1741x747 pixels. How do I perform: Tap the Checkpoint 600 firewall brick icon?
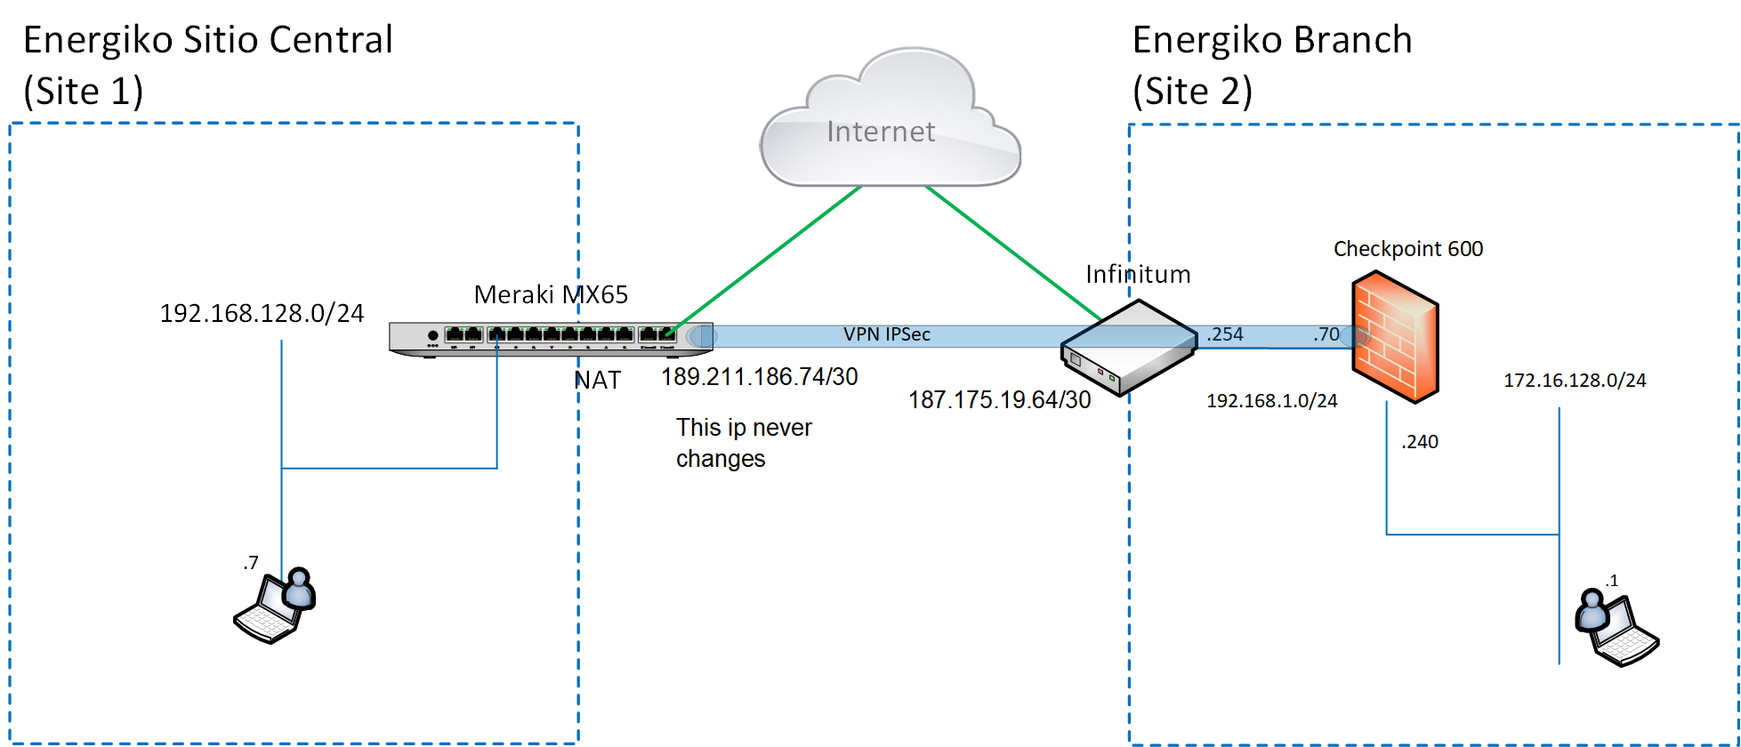click(x=1394, y=337)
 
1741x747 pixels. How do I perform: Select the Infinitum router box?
click(x=1128, y=349)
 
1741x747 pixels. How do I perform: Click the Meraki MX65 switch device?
click(x=551, y=338)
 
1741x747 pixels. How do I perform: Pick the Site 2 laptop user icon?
click(x=1616, y=628)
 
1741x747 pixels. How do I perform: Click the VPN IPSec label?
click(x=886, y=334)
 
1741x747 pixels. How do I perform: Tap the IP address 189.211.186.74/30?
click(x=759, y=377)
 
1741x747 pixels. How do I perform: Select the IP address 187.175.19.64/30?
click(x=999, y=400)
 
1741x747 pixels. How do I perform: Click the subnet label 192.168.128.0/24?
click(x=262, y=313)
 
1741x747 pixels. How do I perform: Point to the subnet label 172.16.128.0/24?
click(x=1575, y=381)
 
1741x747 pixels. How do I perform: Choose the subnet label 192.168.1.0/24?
click(x=1271, y=401)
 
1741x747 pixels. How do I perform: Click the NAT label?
click(x=597, y=381)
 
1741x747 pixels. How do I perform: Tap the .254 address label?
click(x=1225, y=334)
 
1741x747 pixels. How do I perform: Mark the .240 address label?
click(x=1419, y=442)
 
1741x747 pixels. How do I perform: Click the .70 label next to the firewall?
click(x=1326, y=334)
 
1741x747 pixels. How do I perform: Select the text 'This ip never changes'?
click(x=744, y=443)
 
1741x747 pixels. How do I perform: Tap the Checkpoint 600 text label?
click(x=1407, y=249)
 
